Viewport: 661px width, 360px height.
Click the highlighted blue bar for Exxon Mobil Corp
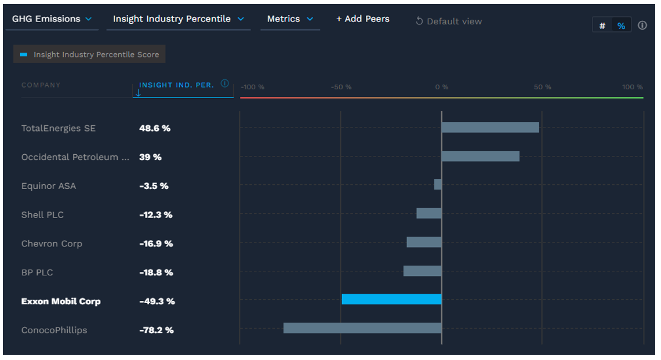(x=391, y=299)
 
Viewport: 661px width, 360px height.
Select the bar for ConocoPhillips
(x=362, y=328)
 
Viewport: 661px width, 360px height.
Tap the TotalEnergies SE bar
(x=490, y=128)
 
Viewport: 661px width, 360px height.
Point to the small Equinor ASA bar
(x=438, y=184)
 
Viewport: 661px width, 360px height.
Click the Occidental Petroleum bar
(x=480, y=157)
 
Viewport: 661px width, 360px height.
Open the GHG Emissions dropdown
(x=52, y=19)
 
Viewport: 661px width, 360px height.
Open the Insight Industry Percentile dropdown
(x=178, y=19)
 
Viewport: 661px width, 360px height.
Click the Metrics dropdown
(x=289, y=19)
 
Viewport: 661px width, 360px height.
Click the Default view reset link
(x=449, y=21)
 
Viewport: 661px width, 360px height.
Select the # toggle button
(x=602, y=26)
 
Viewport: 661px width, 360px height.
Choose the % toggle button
(x=621, y=26)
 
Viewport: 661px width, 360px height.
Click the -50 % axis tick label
(x=341, y=87)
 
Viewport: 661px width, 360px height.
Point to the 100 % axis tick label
(x=632, y=87)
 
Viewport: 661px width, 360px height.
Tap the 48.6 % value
(x=155, y=128)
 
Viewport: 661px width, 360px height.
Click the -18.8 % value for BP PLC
(x=156, y=272)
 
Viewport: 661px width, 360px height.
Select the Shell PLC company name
(x=42, y=214)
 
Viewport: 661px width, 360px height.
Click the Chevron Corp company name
(x=52, y=243)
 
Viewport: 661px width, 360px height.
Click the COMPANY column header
(x=41, y=85)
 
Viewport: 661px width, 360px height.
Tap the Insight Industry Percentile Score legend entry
(x=90, y=54)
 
